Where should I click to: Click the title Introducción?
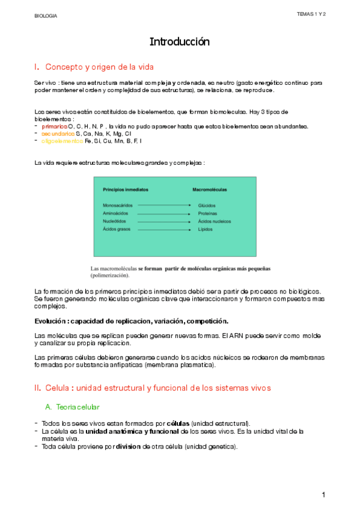coord(180,42)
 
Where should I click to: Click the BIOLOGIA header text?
coord(46,16)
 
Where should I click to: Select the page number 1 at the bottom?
coord(323,494)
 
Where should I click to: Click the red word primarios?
coord(55,126)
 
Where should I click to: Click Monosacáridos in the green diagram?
coord(117,205)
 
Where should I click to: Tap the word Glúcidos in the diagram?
coord(207,205)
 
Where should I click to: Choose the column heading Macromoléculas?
coord(210,189)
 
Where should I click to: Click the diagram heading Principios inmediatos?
coord(126,189)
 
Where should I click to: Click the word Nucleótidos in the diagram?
coord(115,221)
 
